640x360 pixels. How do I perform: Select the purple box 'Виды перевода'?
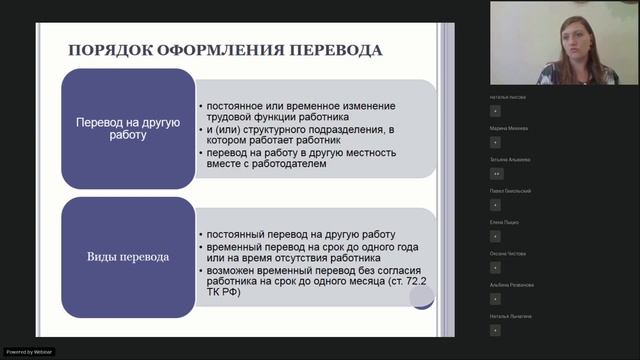[x=128, y=257]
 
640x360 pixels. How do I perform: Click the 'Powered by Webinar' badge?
[x=30, y=352]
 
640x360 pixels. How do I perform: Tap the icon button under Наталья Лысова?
[x=495, y=110]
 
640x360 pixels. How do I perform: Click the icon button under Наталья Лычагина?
[x=495, y=329]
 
